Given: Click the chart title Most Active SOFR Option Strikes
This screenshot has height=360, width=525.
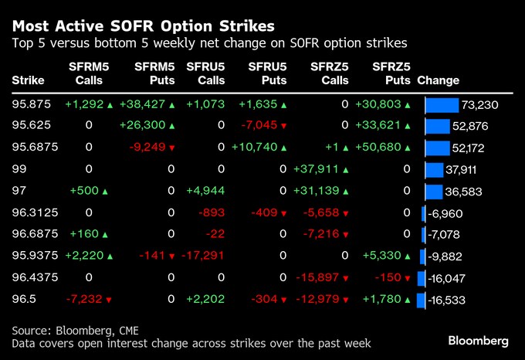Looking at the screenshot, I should pos(143,25).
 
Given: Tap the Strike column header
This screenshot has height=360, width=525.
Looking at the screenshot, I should pos(29,80).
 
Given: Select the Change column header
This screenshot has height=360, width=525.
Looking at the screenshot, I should pos(438,80).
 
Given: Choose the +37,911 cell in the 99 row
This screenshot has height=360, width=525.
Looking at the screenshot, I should pos(317,169).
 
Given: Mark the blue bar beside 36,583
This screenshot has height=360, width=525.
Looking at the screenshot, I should pos(434,192).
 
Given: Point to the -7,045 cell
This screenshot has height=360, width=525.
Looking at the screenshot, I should pos(262,126).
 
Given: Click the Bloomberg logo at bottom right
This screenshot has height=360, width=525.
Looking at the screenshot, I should pos(478,341).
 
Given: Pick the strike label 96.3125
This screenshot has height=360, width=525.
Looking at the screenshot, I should pos(32,212).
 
